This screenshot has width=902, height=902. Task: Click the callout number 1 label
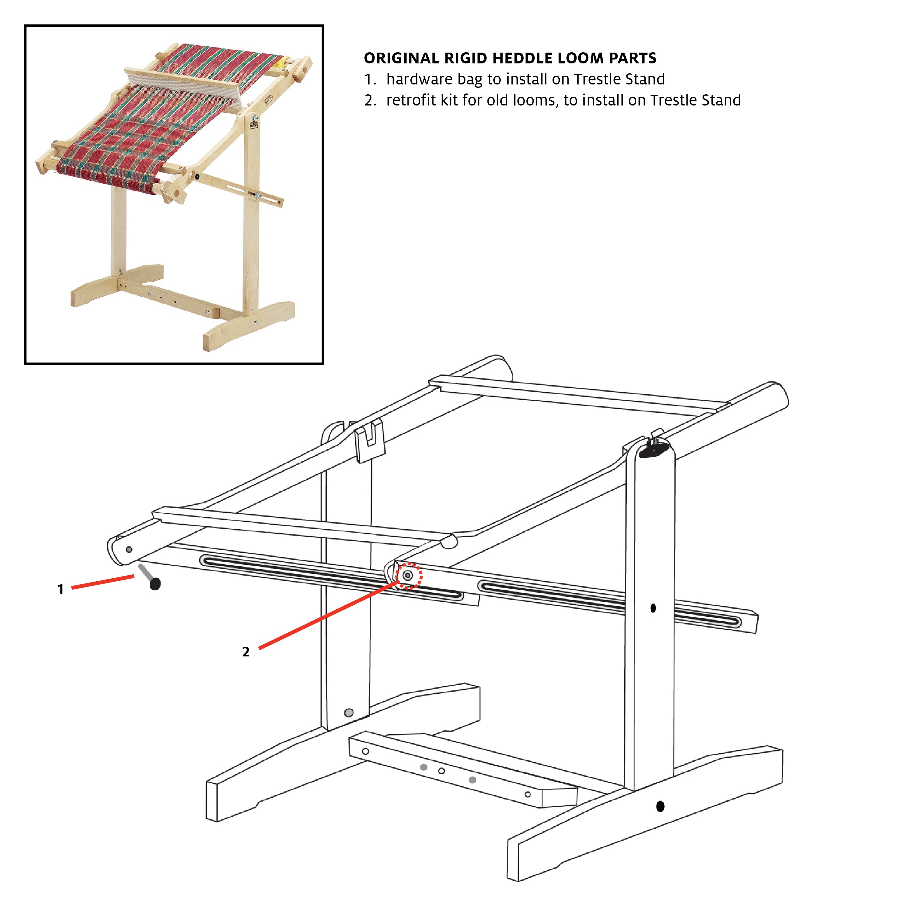click(x=60, y=589)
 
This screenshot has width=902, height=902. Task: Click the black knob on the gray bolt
click(x=155, y=584)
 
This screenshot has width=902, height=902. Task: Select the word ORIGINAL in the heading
click(x=402, y=58)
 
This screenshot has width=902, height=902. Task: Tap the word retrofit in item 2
click(x=408, y=100)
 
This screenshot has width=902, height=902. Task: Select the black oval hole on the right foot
click(x=660, y=806)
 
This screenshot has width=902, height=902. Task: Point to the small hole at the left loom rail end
click(x=129, y=549)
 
